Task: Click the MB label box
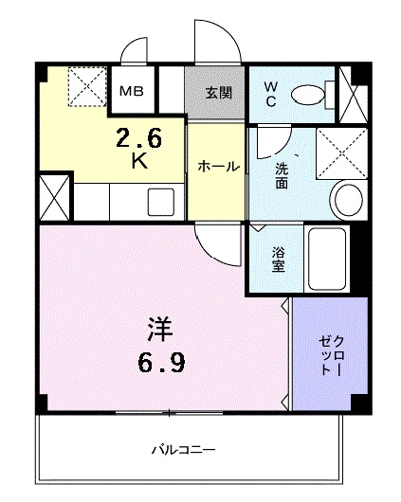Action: point(131,92)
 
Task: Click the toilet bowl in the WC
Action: point(307,94)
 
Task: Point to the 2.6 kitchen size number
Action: point(139,138)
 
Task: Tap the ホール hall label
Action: point(217,167)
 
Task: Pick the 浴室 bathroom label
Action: point(279,260)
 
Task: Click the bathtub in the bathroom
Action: point(329,259)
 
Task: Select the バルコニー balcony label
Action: point(183,448)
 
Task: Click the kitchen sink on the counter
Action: point(160,201)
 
